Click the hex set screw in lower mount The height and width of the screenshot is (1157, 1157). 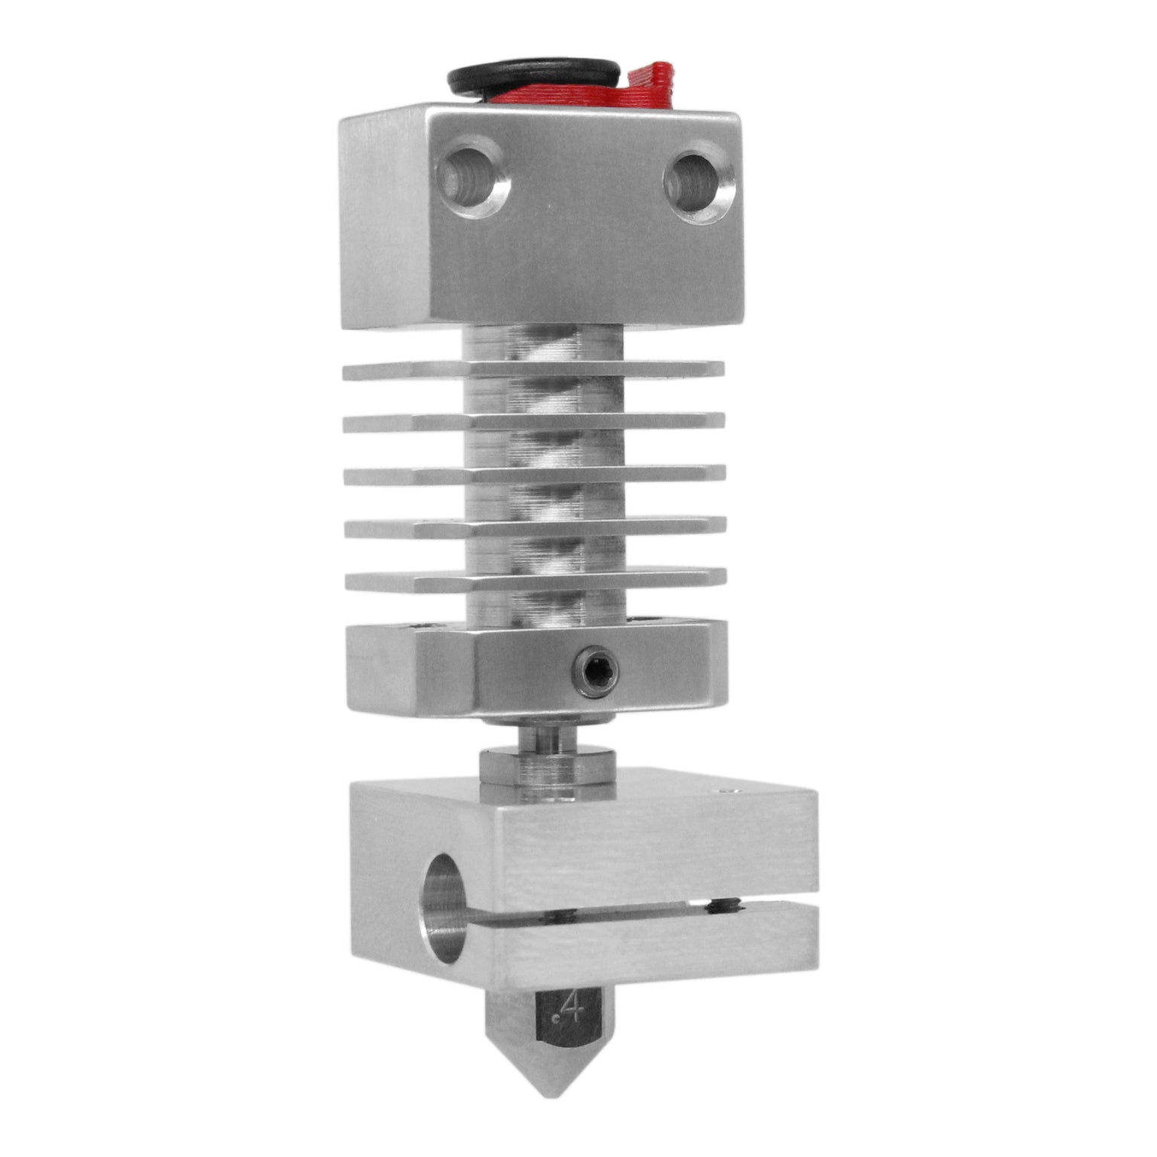tap(596, 665)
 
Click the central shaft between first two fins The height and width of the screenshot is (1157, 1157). tap(544, 395)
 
